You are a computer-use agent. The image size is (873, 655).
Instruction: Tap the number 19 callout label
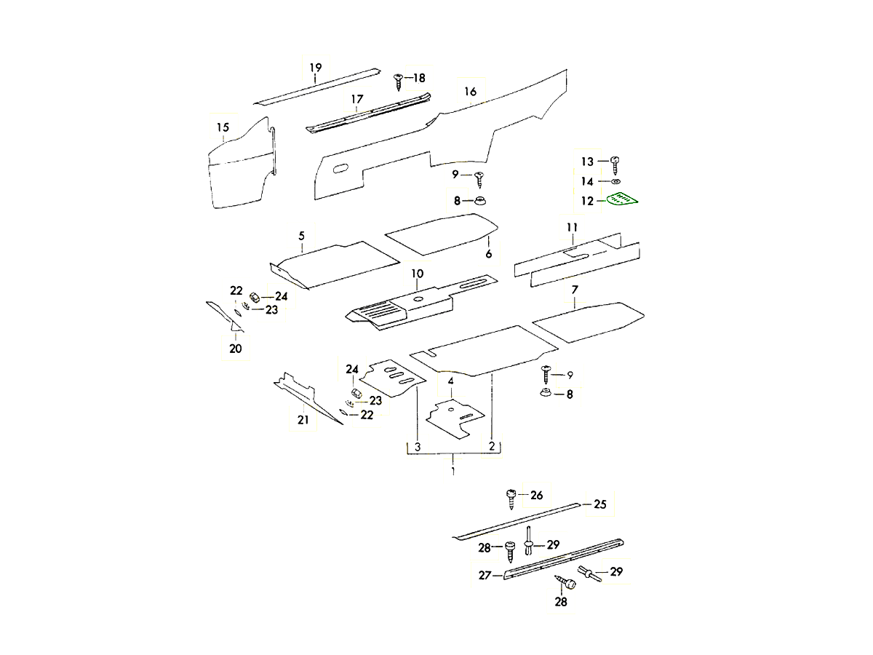[315, 68]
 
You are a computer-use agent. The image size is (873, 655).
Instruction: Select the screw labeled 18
[398, 79]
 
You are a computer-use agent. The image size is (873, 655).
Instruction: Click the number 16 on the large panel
[470, 92]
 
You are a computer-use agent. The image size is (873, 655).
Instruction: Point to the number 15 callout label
[223, 128]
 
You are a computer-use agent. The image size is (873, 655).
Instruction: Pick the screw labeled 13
[615, 162]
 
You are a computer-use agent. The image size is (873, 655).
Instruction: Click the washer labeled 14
[615, 181]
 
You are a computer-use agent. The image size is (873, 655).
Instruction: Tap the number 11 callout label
[572, 228]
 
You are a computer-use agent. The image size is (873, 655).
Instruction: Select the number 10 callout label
[417, 274]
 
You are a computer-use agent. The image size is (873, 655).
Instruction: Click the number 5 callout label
[301, 235]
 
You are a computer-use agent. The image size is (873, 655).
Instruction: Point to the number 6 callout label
[489, 254]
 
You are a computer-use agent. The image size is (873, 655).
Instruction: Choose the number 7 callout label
[575, 290]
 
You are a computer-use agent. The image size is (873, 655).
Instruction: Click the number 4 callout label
[451, 381]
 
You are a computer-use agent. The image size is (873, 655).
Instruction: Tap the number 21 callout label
[303, 420]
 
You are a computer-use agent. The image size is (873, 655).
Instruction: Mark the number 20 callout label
[236, 349]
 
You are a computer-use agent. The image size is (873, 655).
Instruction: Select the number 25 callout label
[600, 504]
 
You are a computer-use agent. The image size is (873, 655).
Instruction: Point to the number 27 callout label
[485, 575]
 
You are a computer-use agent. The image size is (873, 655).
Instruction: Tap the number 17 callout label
[356, 99]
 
